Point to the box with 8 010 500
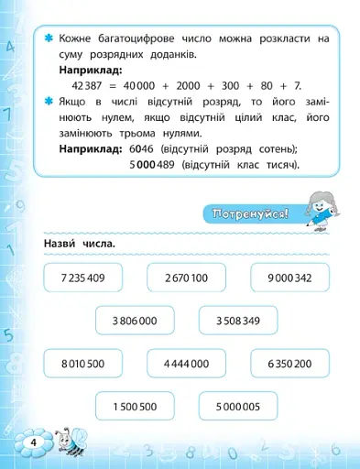82,364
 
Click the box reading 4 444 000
187,364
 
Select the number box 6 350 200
291,364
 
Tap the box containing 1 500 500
135,407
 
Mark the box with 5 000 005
239,407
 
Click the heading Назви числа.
79,245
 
